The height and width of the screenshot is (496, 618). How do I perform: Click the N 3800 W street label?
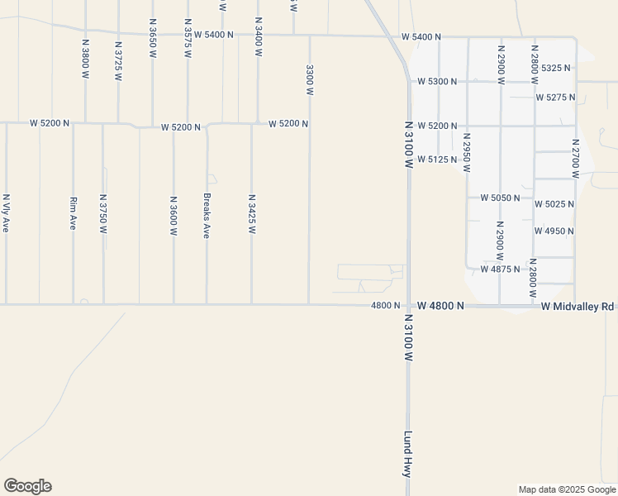(x=85, y=58)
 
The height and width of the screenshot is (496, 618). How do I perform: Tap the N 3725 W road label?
(x=119, y=61)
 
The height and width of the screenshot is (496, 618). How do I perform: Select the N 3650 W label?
(x=153, y=36)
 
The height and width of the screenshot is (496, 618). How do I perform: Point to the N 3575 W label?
(x=188, y=38)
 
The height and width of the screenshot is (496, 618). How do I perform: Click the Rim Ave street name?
(x=73, y=212)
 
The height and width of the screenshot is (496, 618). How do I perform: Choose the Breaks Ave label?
(x=207, y=216)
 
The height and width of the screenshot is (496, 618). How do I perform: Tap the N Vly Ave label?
(x=6, y=213)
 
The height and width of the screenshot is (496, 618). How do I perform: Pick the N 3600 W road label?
(x=174, y=216)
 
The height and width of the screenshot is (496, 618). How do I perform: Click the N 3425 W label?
(x=251, y=214)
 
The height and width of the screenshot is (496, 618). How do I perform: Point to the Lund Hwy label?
(x=407, y=454)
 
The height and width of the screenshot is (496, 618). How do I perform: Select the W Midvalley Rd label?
(x=578, y=307)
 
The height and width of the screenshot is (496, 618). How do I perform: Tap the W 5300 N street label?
(x=438, y=82)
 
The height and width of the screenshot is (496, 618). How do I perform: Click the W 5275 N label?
(x=555, y=98)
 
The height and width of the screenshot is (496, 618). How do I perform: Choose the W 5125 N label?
(x=438, y=159)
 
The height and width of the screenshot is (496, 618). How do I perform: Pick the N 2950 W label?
(x=467, y=152)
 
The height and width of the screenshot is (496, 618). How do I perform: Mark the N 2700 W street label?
(x=576, y=158)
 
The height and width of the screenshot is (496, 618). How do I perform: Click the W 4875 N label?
(x=500, y=269)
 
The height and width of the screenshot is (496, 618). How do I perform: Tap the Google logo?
(x=27, y=486)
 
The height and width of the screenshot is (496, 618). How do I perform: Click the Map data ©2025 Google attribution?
(x=566, y=489)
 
